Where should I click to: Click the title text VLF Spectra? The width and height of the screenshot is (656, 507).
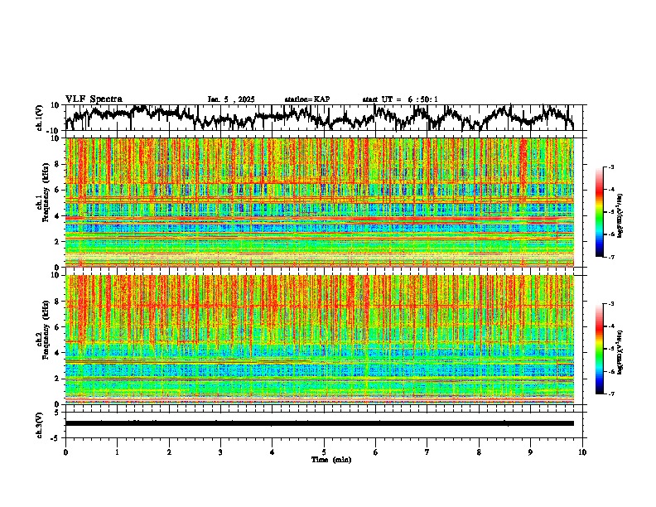pyautogui.click(x=94, y=99)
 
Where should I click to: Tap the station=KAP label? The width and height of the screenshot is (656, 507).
pyautogui.click(x=307, y=99)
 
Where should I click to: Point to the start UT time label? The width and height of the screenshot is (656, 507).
pyautogui.click(x=400, y=99)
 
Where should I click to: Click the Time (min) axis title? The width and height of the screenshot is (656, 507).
pyautogui.click(x=330, y=459)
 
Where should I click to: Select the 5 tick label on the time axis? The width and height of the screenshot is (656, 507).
pyautogui.click(x=325, y=451)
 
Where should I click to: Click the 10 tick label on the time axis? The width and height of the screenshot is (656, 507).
pyautogui.click(x=582, y=451)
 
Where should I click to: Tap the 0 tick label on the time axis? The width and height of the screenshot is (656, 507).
pyautogui.click(x=65, y=451)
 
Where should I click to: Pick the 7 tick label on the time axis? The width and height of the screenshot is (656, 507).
pyautogui.click(x=427, y=451)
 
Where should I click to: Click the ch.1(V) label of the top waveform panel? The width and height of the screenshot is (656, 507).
pyautogui.click(x=41, y=118)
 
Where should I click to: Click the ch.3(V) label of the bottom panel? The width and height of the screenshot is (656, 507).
pyautogui.click(x=41, y=422)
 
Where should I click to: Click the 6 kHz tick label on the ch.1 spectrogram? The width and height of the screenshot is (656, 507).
pyautogui.click(x=55, y=190)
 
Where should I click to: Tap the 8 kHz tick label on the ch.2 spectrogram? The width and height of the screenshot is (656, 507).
pyautogui.click(x=55, y=301)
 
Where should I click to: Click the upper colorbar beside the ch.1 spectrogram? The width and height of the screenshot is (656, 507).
pyautogui.click(x=608, y=212)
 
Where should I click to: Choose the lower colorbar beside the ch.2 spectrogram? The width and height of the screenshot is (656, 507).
pyautogui.click(x=608, y=349)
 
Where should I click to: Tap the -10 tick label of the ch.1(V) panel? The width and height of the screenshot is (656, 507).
pyautogui.click(x=52, y=131)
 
